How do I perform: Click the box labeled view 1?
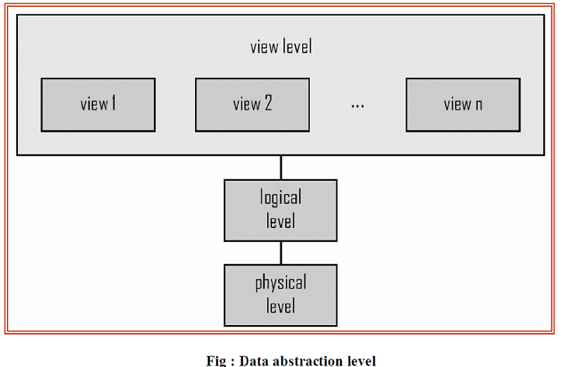98,105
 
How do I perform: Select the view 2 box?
252,105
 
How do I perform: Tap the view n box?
463,105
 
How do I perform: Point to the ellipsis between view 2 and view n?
357,106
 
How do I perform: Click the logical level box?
280,210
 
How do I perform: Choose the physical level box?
280,295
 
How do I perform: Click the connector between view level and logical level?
281,168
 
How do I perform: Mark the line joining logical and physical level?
281,253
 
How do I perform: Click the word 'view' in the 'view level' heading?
264,47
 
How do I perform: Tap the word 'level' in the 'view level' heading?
297,47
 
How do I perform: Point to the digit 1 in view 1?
113,103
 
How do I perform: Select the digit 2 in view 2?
268,103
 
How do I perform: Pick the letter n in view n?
478,105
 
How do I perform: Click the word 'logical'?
280,198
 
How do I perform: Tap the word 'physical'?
280,283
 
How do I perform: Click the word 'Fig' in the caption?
216,362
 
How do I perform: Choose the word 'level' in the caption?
362,361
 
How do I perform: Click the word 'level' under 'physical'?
280,306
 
